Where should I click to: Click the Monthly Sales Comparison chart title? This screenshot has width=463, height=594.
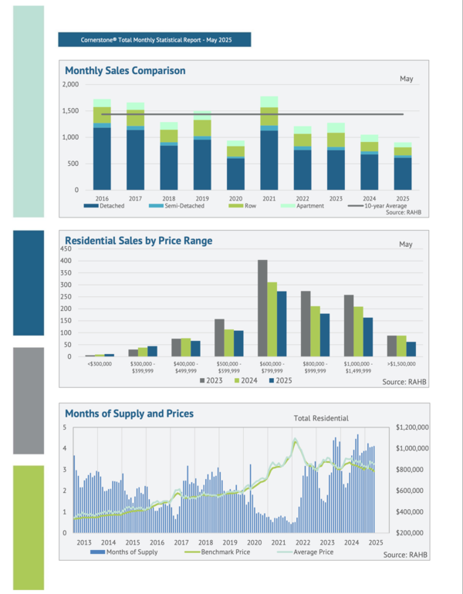click(125, 70)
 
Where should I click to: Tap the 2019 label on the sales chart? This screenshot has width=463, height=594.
click(202, 197)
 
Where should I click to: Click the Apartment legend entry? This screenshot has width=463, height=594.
click(308, 205)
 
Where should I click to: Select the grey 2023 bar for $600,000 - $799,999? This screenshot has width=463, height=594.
click(262, 308)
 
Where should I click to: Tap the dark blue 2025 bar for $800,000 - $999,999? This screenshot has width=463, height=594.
click(324, 335)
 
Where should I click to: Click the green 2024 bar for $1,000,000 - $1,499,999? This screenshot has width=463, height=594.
click(358, 332)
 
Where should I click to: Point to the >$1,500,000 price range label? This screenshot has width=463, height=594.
click(400, 363)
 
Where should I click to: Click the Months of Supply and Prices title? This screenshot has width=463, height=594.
click(129, 413)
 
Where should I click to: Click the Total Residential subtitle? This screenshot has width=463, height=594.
click(321, 418)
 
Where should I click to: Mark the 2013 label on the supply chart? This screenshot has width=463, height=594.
click(84, 542)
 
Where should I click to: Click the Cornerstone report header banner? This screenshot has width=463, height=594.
click(154, 39)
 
